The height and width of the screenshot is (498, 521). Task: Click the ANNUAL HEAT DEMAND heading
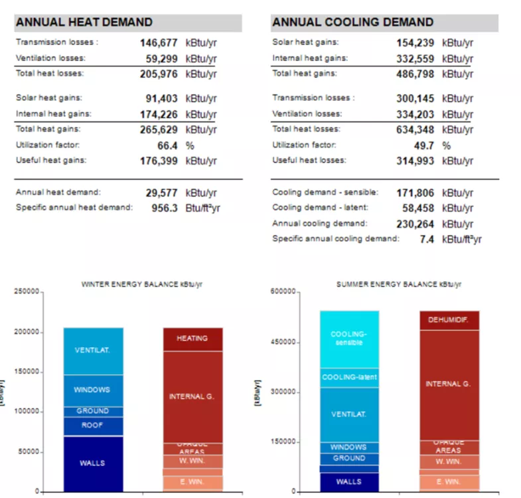pyautogui.click(x=84, y=23)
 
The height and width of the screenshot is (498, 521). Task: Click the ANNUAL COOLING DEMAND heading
pyautogui.click(x=352, y=23)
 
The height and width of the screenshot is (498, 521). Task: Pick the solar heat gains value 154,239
pyautogui.click(x=415, y=42)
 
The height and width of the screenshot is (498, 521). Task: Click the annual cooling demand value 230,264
pyautogui.click(x=415, y=224)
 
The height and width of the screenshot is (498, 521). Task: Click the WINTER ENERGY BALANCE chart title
pyautogui.click(x=141, y=284)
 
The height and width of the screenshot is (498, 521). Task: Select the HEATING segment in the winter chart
pyautogui.click(x=192, y=339)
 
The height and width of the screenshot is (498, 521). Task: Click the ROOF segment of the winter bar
pyautogui.click(x=93, y=426)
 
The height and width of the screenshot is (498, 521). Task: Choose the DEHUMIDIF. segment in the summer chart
pyautogui.click(x=449, y=320)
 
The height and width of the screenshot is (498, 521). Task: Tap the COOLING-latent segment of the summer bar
pyautogui.click(x=350, y=377)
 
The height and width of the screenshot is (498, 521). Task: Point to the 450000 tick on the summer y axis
pyautogui.click(x=284, y=343)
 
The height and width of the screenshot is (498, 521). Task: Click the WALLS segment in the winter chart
pyautogui.click(x=93, y=463)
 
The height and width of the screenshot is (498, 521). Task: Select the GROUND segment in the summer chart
pyautogui.click(x=350, y=458)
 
